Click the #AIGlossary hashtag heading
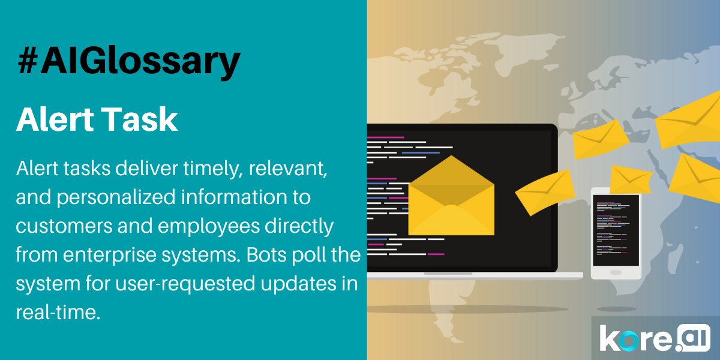pos(128,62)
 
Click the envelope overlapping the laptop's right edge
pos(545,191)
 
